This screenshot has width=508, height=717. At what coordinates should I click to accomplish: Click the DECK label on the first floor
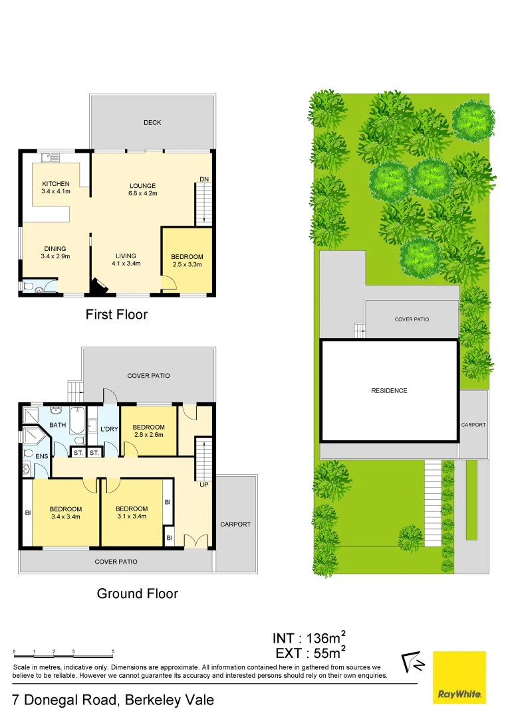pos(152,122)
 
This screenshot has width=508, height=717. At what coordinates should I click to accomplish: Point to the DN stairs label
pos(204,179)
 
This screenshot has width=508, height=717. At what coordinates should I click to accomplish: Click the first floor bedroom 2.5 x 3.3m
pos(187,260)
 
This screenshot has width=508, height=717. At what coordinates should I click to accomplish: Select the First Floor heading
pos(116,315)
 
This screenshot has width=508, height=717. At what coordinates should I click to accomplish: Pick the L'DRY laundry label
pos(108,430)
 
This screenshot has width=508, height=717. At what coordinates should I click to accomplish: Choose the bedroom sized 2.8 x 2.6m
pos(148,431)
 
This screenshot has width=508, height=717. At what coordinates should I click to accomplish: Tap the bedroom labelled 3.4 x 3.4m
pos(66,513)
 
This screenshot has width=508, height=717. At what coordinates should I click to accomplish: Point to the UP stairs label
pos(203,485)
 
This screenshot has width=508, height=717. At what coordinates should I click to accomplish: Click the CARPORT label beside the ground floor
pos(235,524)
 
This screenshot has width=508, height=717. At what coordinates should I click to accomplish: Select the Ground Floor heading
pos(138,594)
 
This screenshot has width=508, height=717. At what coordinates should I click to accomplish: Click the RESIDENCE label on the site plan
pos(389,390)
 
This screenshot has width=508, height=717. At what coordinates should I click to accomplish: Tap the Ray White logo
pos(459,677)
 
